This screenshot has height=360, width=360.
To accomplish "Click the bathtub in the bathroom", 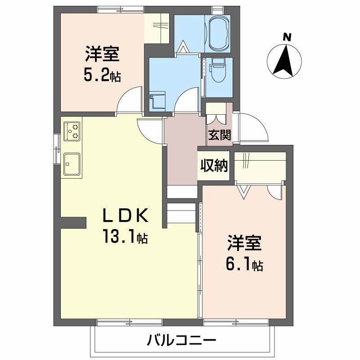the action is [x=219, y=33].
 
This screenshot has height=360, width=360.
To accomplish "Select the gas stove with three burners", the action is [x=72, y=131].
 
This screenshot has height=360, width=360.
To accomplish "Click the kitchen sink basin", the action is [x=72, y=163].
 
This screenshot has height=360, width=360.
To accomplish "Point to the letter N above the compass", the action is [x=287, y=37].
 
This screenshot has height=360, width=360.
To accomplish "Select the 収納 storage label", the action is [x=214, y=165].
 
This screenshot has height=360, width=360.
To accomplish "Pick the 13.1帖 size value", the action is [x=125, y=236].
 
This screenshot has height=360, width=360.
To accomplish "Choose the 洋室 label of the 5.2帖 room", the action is [x=103, y=54].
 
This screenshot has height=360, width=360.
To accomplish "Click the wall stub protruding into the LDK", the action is [x=73, y=222].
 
